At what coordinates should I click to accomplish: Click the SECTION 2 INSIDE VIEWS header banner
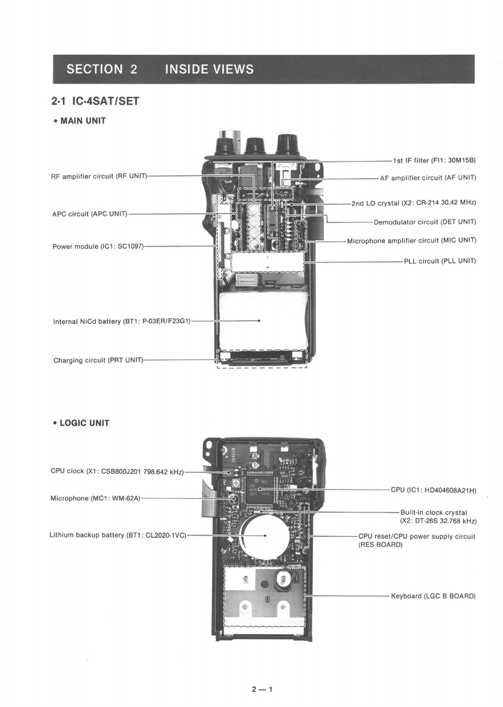pyautogui.click(x=263, y=69)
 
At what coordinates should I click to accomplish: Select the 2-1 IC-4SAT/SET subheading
pyautogui.click(x=95, y=101)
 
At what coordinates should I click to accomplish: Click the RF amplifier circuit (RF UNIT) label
pyautogui.click(x=99, y=176)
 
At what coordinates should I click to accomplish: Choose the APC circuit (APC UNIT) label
pyautogui.click(x=89, y=214)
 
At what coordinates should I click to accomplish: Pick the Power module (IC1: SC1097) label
pyautogui.click(x=98, y=246)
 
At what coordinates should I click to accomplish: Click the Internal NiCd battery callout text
pyautogui.click(x=122, y=321)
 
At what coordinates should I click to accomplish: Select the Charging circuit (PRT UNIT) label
pyautogui.click(x=98, y=360)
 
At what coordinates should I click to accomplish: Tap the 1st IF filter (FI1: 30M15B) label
pyautogui.click(x=434, y=161)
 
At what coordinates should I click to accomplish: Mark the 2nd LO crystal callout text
pyautogui.click(x=414, y=203)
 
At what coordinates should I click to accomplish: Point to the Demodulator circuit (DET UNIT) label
pyautogui.click(x=425, y=222)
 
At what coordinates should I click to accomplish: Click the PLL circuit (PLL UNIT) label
pyautogui.click(x=440, y=260)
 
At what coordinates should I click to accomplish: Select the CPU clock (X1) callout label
pyautogui.click(x=116, y=471)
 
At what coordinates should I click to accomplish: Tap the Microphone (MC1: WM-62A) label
pyautogui.click(x=95, y=498)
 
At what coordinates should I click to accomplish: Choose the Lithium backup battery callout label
pyautogui.click(x=118, y=535)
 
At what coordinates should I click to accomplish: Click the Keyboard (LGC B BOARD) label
pyautogui.click(x=433, y=595)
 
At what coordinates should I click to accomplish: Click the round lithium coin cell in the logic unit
pyautogui.click(x=265, y=536)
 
